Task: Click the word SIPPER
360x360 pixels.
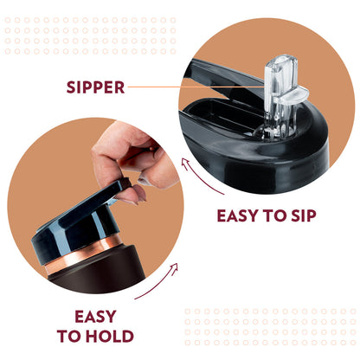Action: point(95,87)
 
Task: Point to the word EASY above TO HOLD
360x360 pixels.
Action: point(95,317)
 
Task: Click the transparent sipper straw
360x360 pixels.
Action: point(281,95)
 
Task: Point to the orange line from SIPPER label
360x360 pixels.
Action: point(196,87)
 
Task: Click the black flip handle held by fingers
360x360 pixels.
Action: point(115,189)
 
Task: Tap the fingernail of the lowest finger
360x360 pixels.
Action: point(142,193)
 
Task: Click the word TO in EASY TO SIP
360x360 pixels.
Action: point(274,215)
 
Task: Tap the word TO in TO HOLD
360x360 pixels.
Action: point(69,336)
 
